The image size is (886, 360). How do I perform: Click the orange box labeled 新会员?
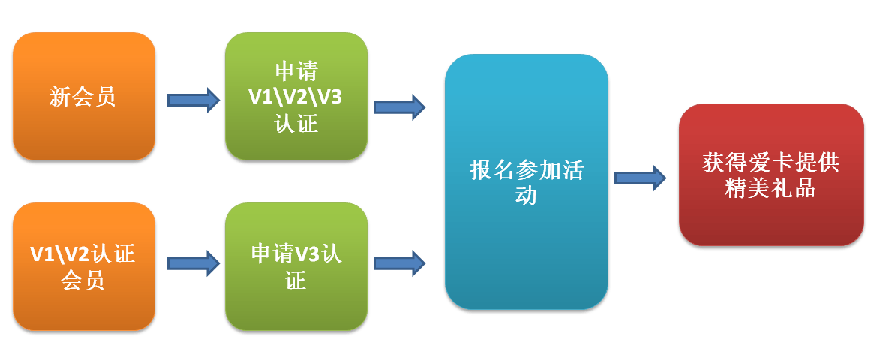[x=83, y=96]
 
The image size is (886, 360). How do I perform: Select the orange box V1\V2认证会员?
[x=83, y=266]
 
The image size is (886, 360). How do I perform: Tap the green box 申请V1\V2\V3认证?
[x=296, y=96]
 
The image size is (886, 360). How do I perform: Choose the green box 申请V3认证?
[x=296, y=266]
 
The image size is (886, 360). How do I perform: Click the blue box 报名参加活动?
[x=526, y=181]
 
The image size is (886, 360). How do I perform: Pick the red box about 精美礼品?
[x=771, y=175]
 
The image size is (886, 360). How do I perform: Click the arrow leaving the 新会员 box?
[x=194, y=100]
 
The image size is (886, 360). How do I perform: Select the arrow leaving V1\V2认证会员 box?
[x=194, y=262]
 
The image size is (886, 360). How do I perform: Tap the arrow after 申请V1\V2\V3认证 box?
[x=400, y=106]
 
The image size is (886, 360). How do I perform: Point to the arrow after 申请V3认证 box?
[x=400, y=262]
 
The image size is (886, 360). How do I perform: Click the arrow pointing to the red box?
[x=640, y=178]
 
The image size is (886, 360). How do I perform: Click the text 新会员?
[x=83, y=97]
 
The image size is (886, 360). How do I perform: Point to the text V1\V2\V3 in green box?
[x=296, y=97]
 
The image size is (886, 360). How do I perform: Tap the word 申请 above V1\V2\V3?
[x=296, y=71]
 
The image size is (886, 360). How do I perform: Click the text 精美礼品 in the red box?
[x=770, y=188]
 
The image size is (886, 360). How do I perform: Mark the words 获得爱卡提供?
[x=770, y=163]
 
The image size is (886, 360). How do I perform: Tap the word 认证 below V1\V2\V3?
[x=296, y=123]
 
